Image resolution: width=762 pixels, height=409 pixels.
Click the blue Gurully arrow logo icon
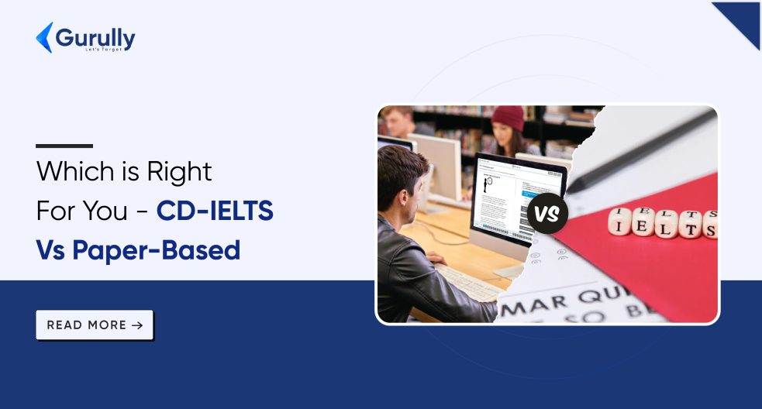click(x=44, y=37)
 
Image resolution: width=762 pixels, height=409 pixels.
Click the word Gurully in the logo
click(x=96, y=36)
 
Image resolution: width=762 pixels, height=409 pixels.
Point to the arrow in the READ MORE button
click(x=137, y=325)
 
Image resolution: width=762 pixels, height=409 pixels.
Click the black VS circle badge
click(x=547, y=212)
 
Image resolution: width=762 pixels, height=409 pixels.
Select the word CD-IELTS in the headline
click(x=215, y=211)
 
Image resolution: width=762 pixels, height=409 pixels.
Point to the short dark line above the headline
click(x=64, y=146)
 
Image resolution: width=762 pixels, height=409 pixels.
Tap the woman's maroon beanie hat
click(x=508, y=118)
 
